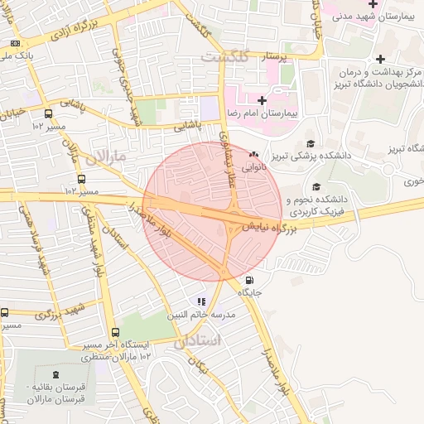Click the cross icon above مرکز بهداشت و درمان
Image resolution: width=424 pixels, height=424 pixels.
click(380, 59)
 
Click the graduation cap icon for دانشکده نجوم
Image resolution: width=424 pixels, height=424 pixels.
click(316, 187)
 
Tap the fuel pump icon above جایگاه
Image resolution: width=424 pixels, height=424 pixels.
click(250, 281)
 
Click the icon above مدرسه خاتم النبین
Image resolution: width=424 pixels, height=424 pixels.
click(200, 301)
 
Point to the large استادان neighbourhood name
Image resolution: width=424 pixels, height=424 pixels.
click(199, 341)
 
